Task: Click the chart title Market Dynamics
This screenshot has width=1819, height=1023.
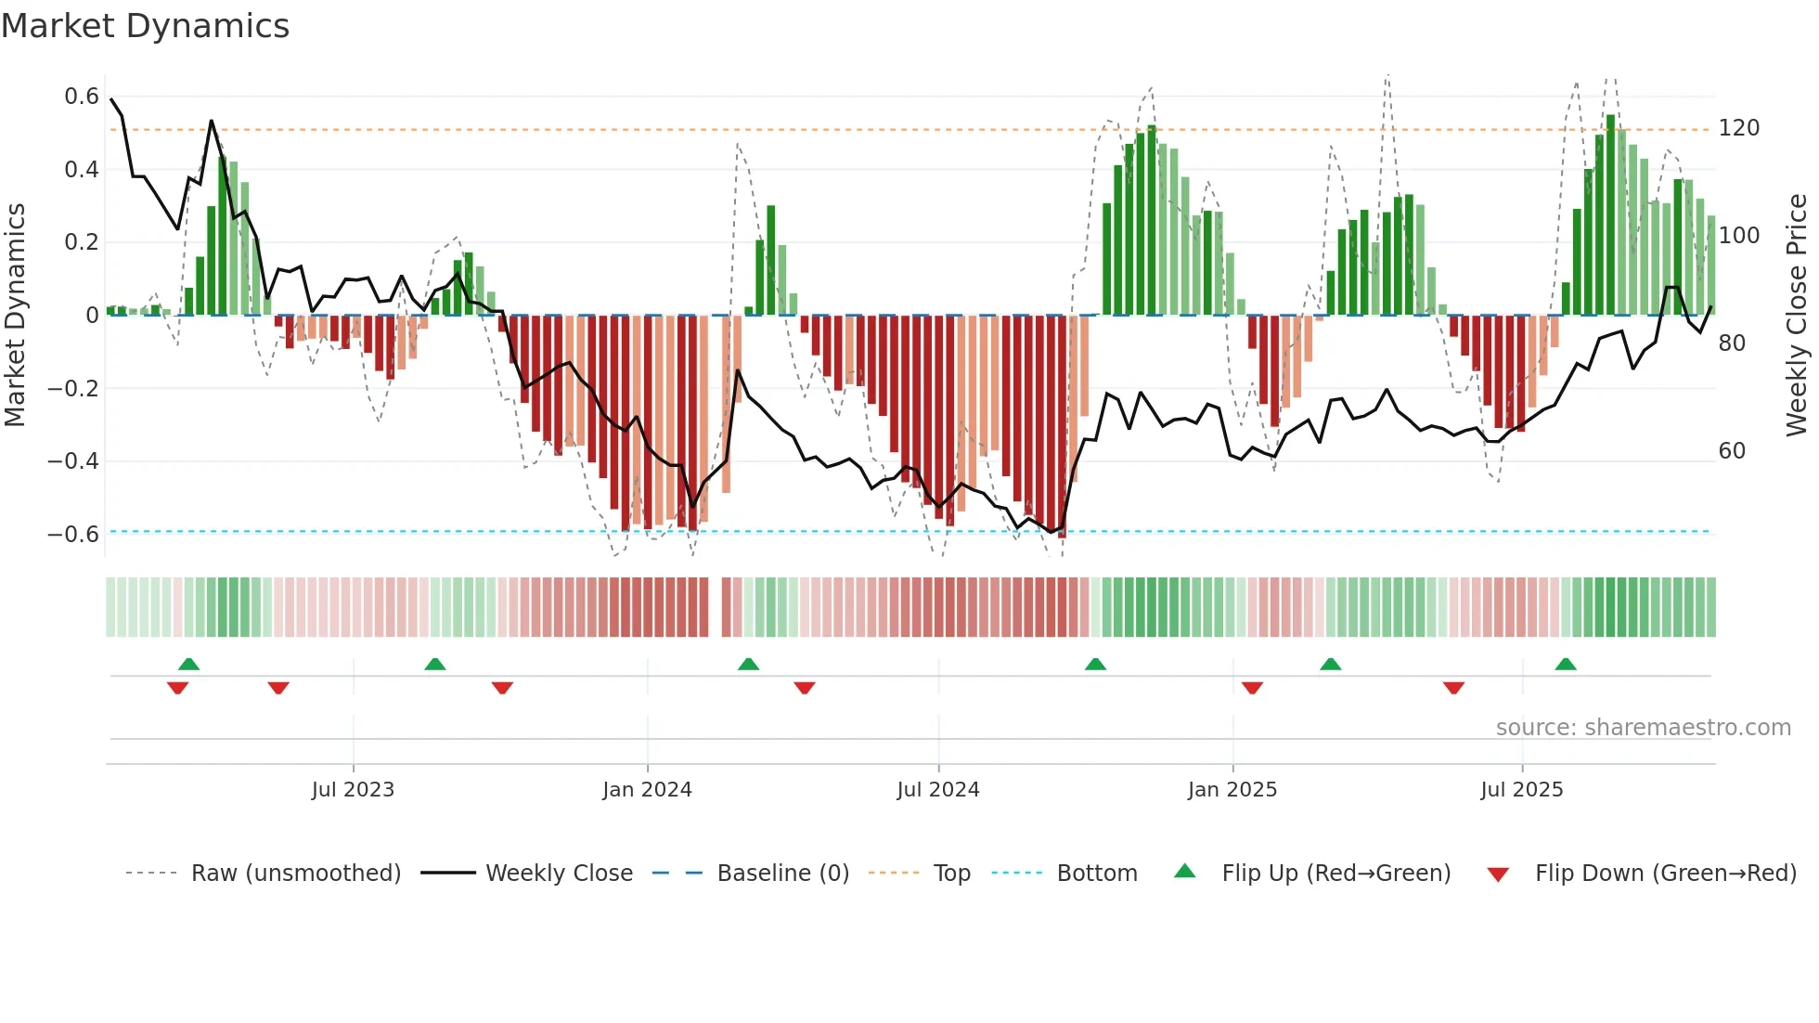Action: pos(146,26)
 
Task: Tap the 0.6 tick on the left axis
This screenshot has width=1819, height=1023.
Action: pos(82,97)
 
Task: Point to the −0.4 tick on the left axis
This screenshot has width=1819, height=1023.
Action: pos(73,461)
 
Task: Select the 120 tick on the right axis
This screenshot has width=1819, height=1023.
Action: pos(1738,128)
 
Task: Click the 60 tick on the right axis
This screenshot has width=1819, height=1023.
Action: pos(1732,451)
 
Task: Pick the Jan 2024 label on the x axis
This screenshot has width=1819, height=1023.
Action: pos(647,790)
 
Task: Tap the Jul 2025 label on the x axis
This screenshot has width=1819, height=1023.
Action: pos(1521,790)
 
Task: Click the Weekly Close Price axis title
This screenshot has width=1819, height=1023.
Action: pos(1797,316)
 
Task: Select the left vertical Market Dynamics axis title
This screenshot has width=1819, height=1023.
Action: pos(15,316)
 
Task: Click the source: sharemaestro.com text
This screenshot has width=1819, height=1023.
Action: pos(1643,728)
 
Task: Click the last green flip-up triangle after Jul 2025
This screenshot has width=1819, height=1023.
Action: pos(1566,664)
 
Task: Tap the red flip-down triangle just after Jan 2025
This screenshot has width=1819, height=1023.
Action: pos(1252,688)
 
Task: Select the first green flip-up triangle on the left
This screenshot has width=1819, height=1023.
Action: pos(188,664)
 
